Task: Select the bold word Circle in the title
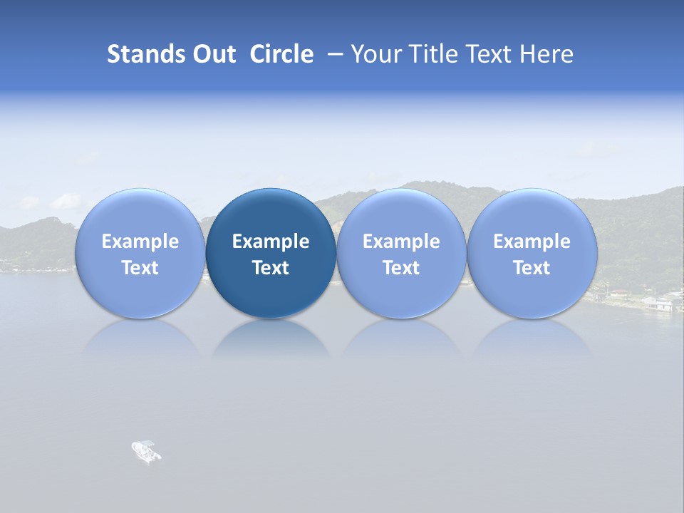coord(281,54)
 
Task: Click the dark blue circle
coord(271,253)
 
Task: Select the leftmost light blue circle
coord(140,253)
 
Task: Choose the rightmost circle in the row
coord(532,253)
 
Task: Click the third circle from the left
coord(401,253)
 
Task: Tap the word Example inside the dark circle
coord(271,242)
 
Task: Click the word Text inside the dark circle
coord(271,268)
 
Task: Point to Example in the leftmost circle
coord(140,242)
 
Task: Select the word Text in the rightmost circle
coord(532,268)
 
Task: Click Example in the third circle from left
coord(401,242)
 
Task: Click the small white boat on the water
coord(146,451)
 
